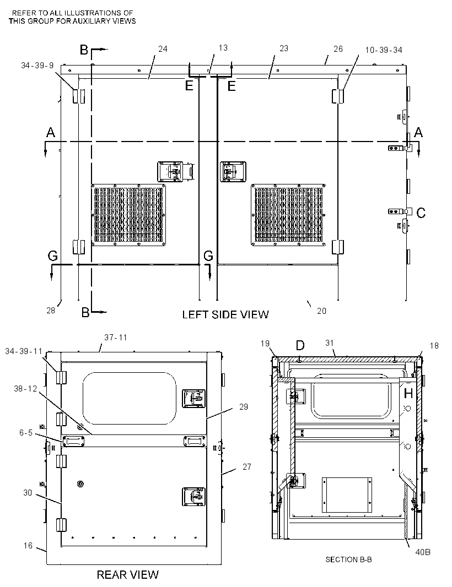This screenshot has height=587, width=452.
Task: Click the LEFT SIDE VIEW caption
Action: [x=225, y=314]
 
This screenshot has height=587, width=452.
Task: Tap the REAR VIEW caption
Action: [x=127, y=575]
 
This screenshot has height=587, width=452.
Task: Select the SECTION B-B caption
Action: [x=348, y=559]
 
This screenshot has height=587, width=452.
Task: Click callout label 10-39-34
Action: [x=384, y=50]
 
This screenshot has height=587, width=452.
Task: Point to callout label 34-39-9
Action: [x=37, y=66]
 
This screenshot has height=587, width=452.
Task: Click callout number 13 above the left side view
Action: [x=223, y=48]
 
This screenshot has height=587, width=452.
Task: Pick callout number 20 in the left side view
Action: [x=321, y=311]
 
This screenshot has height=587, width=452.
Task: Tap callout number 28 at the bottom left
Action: [x=51, y=311]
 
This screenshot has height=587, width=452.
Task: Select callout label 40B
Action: [x=423, y=552]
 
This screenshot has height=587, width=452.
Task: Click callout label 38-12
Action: [x=25, y=389]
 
